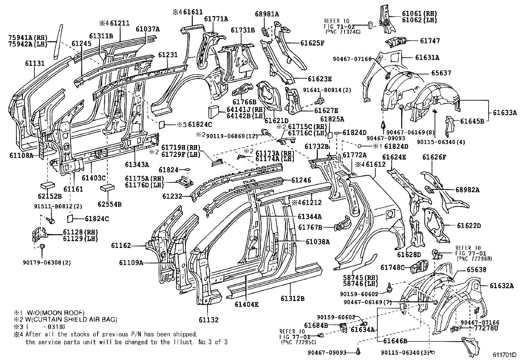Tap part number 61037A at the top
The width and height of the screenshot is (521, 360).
[148, 29]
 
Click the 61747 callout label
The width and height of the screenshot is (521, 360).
[430, 41]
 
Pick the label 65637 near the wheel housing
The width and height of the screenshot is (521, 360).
[441, 73]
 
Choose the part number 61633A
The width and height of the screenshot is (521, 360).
[505, 113]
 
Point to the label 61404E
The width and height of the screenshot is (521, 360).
[246, 304]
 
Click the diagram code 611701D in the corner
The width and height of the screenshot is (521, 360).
[505, 355]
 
